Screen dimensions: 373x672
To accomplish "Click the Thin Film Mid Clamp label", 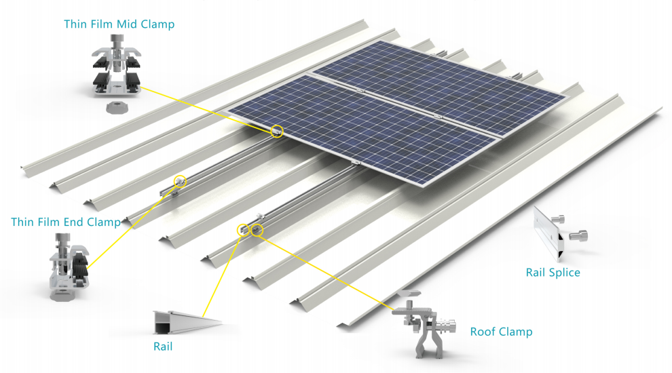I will (x=119, y=24).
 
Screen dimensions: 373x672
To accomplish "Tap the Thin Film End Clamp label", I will (x=66, y=222).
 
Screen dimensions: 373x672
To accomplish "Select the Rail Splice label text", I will (x=553, y=273).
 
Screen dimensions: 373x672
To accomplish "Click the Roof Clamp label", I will (x=501, y=332).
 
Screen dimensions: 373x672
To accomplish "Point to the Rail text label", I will (x=163, y=347).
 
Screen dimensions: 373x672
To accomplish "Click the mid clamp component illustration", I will (x=117, y=68).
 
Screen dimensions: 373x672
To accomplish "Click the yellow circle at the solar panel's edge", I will (x=277, y=131).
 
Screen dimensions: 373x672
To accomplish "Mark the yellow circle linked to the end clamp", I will (x=180, y=181).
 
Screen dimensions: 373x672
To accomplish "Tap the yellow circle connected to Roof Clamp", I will (x=257, y=230).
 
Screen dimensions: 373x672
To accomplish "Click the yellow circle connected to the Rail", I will (x=242, y=231).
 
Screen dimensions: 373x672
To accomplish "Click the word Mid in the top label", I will (x=127, y=24).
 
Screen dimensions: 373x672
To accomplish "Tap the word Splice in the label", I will (x=564, y=273).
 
